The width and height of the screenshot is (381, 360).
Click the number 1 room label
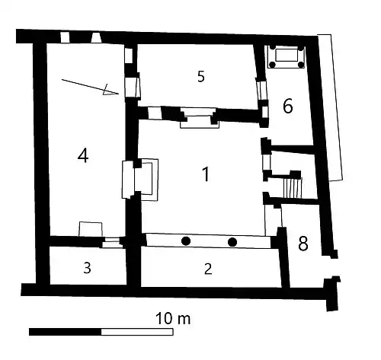207,174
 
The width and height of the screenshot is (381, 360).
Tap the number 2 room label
208,269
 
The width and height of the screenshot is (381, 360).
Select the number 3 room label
87,268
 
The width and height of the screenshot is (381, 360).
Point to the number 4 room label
83,155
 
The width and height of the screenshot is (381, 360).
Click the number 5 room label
201,76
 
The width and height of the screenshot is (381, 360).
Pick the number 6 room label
288,106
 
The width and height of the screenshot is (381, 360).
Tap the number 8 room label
303,244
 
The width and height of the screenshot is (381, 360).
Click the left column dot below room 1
186,241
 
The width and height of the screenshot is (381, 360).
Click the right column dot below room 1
232,242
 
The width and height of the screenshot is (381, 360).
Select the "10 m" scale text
173,319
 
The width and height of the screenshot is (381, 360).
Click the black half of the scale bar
66,332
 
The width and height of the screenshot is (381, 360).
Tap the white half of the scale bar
137,332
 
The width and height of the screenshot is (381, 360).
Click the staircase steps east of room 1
293,188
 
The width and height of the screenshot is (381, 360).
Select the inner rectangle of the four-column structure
287,55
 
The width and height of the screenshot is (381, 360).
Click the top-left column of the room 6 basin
272,47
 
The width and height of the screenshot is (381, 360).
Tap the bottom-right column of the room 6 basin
301,65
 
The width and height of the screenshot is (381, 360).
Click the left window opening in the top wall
65,37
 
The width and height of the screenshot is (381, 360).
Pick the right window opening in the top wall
97,37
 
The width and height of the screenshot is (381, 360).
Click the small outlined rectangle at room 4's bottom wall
91,230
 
